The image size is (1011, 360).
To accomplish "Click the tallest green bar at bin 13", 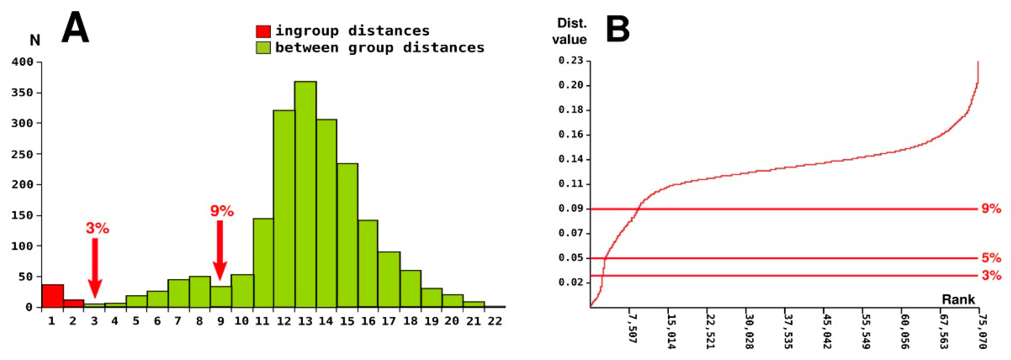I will [x=305, y=194].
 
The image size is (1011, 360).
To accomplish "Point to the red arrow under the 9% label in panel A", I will [x=220, y=250].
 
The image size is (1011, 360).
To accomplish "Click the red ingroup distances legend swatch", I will [x=263, y=31].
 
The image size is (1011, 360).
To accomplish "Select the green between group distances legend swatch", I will [x=263, y=48].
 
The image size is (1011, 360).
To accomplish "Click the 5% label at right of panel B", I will [x=991, y=258].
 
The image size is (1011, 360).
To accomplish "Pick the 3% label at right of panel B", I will [x=991, y=276].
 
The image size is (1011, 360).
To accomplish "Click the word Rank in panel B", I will [x=958, y=300].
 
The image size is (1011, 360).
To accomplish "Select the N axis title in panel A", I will [x=35, y=40].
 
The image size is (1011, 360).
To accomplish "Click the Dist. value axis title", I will [x=570, y=31].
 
